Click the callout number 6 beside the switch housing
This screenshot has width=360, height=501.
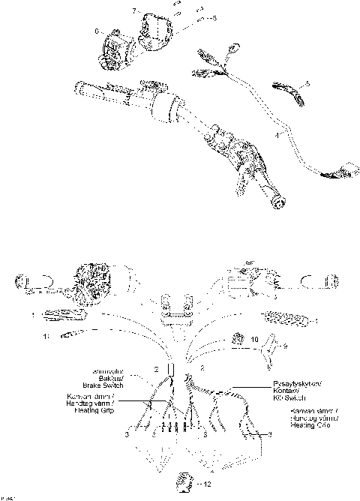97,31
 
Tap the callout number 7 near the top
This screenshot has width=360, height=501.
136,10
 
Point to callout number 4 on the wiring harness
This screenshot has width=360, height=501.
277,135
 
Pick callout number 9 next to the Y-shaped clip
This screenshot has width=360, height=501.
283,346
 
